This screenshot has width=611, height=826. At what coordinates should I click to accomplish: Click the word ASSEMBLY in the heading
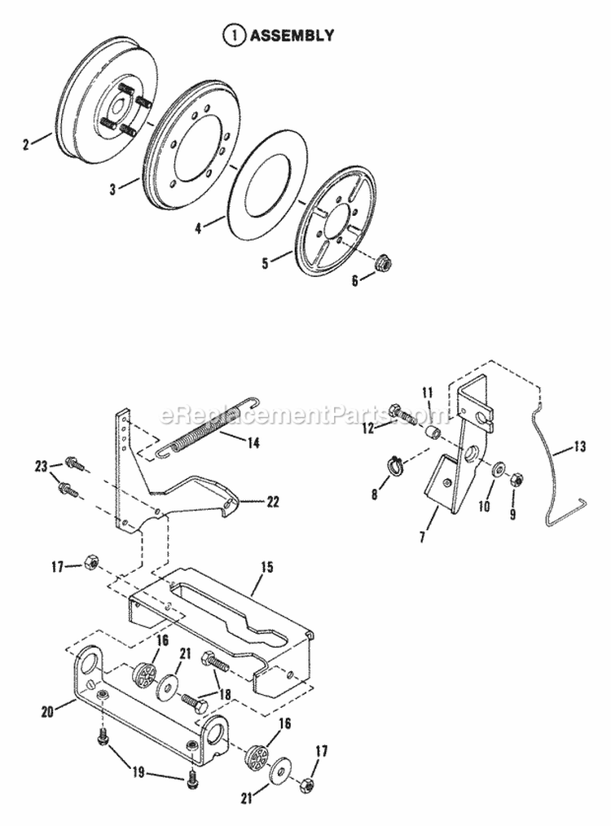coord(291,35)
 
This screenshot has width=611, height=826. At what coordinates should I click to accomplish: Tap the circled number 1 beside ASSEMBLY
coord(235,35)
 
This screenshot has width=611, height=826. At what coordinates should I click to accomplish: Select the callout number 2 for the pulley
coord(26,145)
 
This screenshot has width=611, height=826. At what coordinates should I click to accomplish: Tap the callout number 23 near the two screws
coord(42,465)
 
